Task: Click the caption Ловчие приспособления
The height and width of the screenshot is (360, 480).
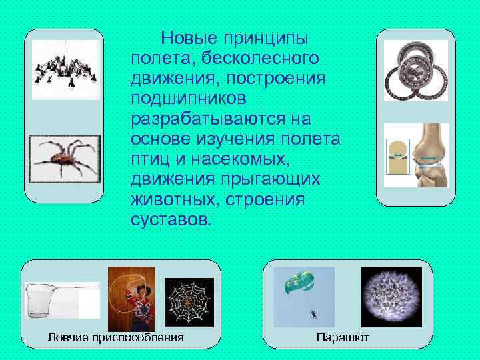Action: click(115, 337)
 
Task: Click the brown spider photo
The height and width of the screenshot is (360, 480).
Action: click(64, 159)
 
